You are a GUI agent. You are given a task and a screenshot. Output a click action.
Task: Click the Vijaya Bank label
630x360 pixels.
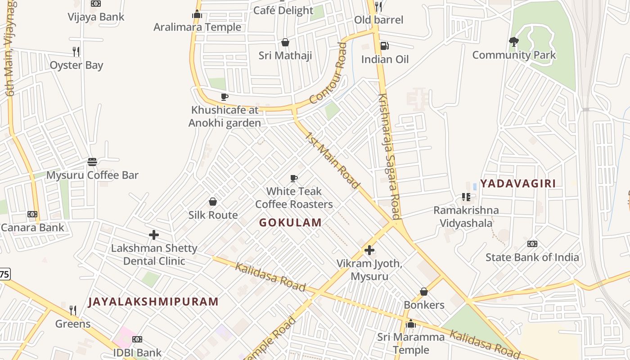(96, 17)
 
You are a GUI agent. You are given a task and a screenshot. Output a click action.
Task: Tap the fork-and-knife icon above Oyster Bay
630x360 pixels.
(76, 51)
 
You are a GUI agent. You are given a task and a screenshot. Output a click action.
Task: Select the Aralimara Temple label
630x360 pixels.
(197, 27)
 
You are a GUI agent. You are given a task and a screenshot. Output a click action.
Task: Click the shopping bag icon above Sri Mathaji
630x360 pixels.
(285, 42)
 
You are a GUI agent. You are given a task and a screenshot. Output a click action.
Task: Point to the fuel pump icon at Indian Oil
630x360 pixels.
(384, 45)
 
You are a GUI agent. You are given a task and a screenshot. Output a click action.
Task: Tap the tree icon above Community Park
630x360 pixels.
(513, 42)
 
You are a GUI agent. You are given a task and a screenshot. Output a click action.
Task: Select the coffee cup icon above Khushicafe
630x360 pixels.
(225, 97)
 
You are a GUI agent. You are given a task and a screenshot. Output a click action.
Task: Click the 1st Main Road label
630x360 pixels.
(332, 160)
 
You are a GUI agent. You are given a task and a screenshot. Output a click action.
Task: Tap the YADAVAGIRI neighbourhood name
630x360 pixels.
(517, 184)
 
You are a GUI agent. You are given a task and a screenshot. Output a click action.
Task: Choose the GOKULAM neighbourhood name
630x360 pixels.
(290, 222)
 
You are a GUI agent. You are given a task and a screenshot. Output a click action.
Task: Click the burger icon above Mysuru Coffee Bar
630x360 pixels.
(92, 162)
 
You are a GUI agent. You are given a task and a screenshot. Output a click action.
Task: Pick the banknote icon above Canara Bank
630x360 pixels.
(32, 214)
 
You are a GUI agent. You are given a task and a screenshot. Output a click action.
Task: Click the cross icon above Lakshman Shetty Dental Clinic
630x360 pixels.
(154, 235)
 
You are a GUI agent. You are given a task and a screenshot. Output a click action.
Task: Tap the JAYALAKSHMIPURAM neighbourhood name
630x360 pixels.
(153, 301)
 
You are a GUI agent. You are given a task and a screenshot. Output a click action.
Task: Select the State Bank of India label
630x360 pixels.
(532, 258)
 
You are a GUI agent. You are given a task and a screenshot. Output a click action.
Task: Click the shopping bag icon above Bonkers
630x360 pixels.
(423, 292)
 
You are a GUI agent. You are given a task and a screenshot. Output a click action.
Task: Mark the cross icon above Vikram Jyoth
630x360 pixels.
(369, 250)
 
